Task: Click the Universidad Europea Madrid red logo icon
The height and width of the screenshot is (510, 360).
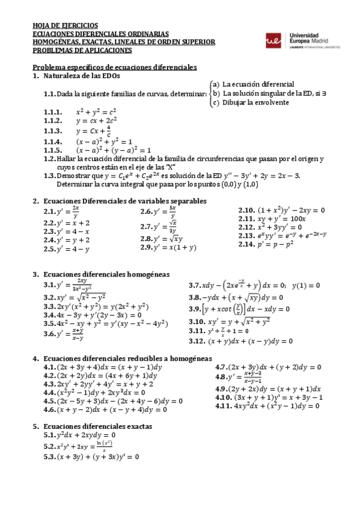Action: pyautogui.click(x=274, y=40)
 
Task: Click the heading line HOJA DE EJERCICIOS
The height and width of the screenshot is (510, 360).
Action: pyautogui.click(x=65, y=26)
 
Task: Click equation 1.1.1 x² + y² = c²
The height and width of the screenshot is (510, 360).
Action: pyautogui.click(x=96, y=112)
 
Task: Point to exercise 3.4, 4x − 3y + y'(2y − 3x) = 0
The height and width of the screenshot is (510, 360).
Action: pyautogui.click(x=93, y=315)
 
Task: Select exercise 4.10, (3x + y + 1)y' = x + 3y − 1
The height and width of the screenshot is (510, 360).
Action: pyautogui.click(x=269, y=398)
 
